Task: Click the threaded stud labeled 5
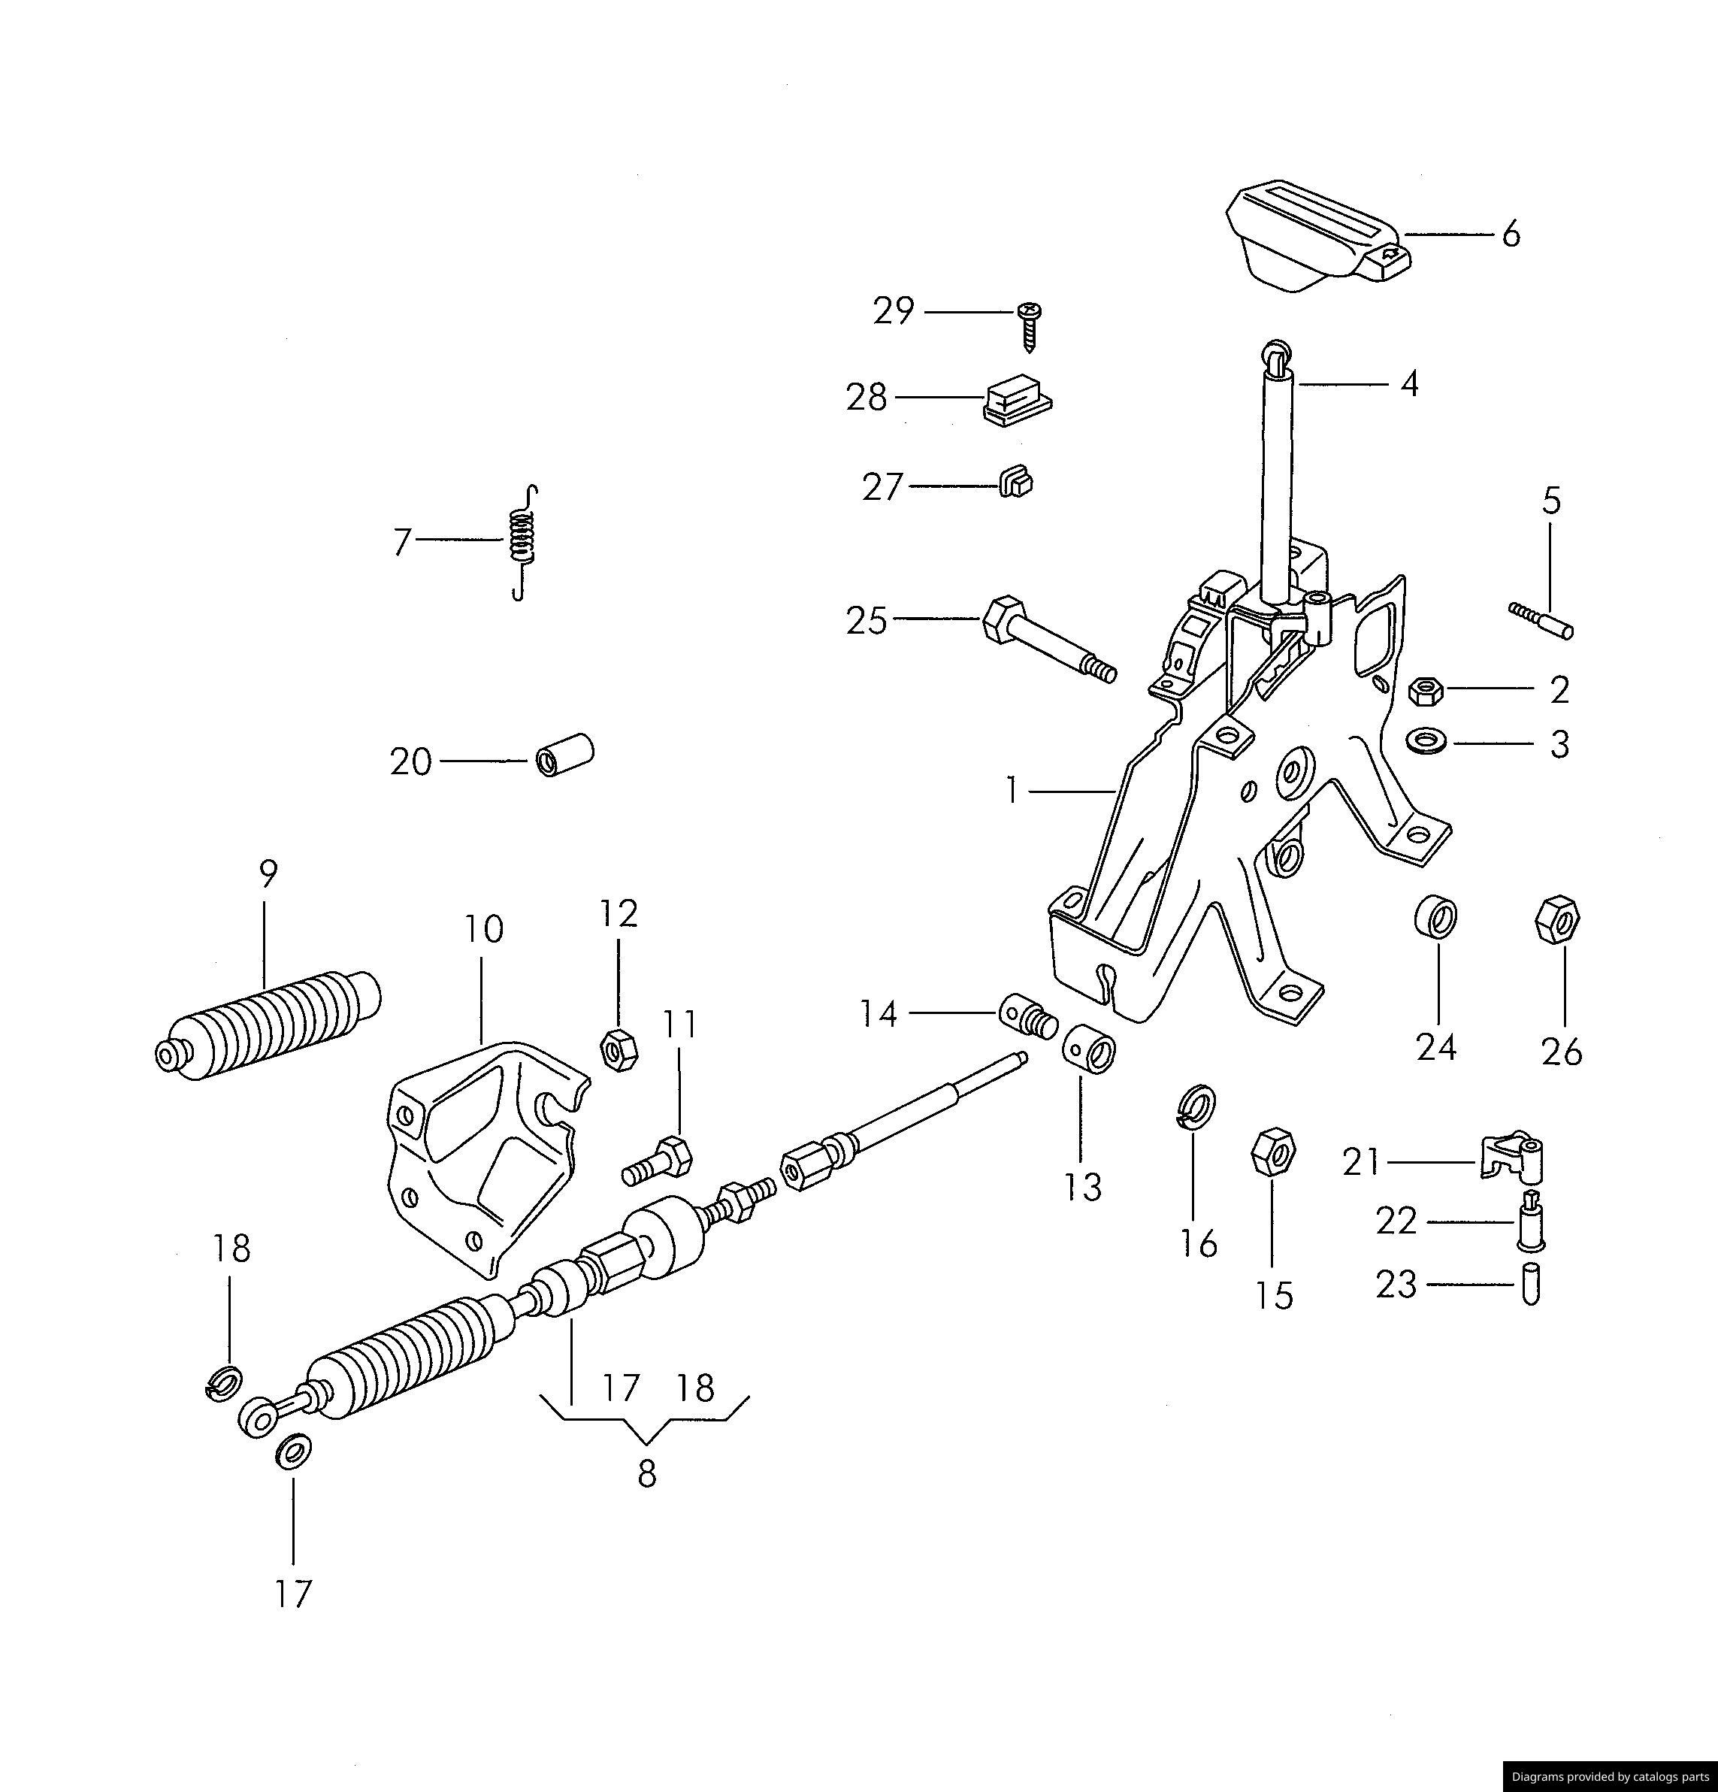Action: point(1541,620)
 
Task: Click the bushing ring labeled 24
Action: point(1435,916)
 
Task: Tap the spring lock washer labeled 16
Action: point(1195,1107)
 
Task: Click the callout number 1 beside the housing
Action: point(1012,790)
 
